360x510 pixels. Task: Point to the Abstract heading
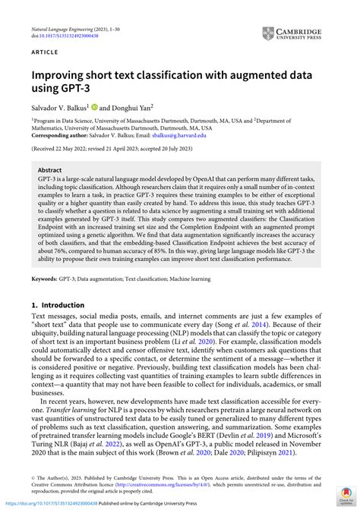tap(50, 172)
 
